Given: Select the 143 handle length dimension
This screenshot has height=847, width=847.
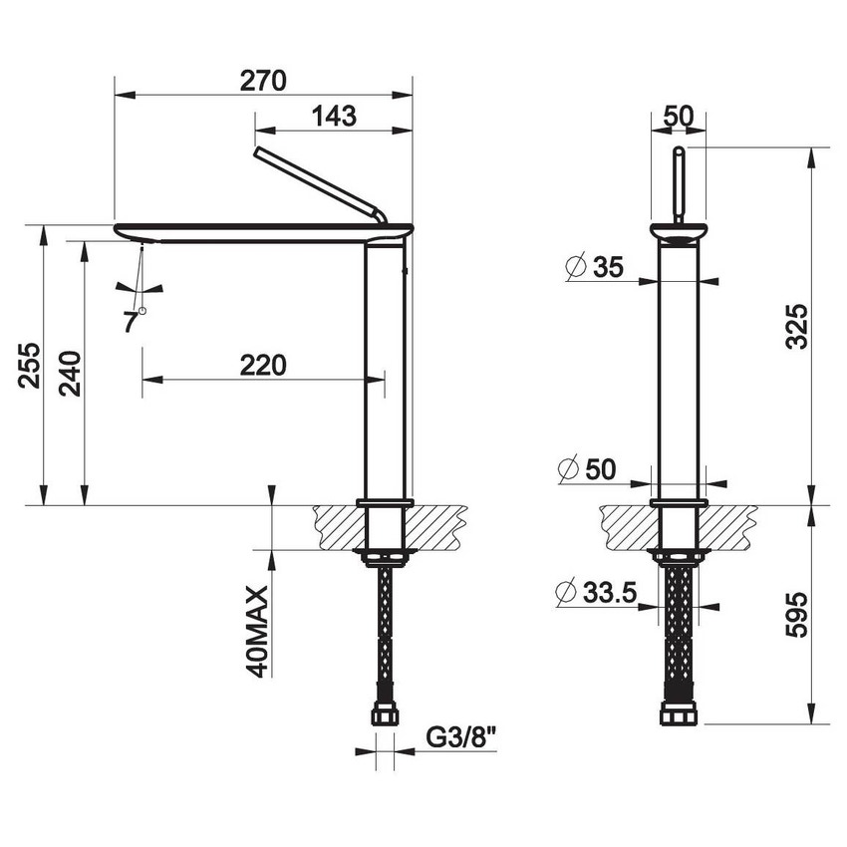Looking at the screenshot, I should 334,116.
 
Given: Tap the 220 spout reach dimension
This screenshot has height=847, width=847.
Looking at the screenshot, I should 263,365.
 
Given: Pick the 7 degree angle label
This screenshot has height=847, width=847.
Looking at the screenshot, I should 131,321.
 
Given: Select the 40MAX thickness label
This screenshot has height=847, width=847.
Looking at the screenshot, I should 257,632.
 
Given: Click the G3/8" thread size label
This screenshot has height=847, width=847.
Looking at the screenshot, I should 461,738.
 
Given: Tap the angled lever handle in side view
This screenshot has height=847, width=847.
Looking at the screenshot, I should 319,183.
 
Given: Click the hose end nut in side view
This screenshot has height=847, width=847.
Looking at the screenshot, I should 385,715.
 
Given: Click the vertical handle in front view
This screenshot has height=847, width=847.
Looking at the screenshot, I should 678,184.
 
